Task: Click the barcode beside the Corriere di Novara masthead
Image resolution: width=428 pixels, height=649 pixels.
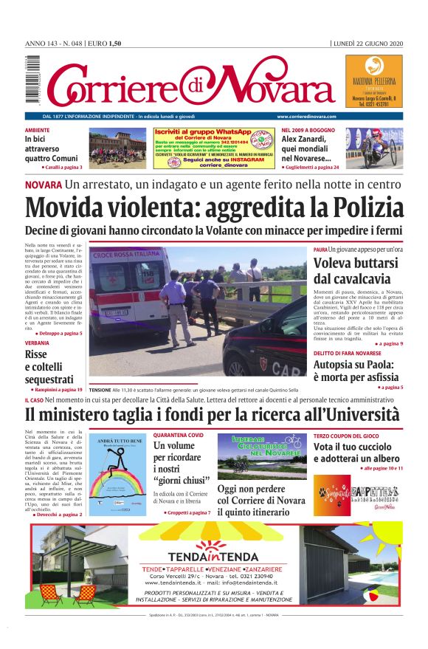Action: tap(32, 81)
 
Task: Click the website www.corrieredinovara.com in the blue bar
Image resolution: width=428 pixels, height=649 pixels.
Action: tap(307, 117)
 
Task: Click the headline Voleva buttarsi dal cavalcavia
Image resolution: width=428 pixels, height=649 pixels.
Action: tap(351, 271)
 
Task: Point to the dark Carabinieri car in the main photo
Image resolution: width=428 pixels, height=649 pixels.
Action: tap(266, 345)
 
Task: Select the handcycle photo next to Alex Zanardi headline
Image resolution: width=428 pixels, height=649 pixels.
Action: tap(371, 148)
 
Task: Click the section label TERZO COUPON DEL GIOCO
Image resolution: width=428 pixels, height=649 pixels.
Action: tap(345, 436)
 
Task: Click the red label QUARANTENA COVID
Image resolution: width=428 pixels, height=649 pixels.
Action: tap(179, 436)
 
